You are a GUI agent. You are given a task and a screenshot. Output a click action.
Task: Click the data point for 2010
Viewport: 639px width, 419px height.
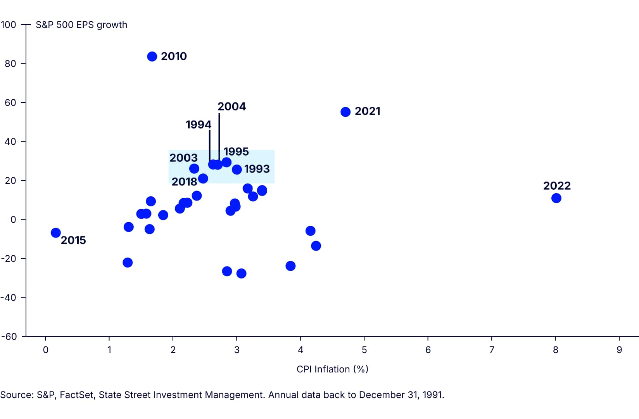click(152, 57)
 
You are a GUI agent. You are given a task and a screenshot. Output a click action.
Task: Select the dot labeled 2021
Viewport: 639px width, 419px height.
click(345, 112)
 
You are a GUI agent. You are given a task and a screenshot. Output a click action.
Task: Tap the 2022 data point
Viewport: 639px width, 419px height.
click(556, 198)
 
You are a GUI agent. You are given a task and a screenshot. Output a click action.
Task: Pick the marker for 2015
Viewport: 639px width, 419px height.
click(56, 233)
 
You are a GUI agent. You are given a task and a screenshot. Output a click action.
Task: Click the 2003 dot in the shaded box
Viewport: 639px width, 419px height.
click(194, 169)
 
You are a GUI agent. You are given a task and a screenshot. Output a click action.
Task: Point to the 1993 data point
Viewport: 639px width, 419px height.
click(237, 170)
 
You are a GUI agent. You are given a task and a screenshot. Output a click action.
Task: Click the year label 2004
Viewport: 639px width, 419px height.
click(231, 107)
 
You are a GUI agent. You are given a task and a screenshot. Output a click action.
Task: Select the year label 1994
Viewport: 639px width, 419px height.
click(199, 125)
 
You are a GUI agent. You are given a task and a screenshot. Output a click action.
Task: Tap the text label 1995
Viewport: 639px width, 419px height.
click(236, 152)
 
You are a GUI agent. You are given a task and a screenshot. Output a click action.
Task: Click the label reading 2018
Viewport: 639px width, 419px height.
click(184, 182)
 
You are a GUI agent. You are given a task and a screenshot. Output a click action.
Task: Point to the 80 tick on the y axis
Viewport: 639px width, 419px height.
click(10, 64)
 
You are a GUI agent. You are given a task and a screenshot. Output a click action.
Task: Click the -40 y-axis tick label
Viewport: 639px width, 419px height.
click(9, 298)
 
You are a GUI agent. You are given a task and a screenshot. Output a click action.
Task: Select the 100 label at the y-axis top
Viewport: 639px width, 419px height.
click(9, 25)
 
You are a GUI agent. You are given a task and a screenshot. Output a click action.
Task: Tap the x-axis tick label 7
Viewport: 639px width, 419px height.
click(492, 350)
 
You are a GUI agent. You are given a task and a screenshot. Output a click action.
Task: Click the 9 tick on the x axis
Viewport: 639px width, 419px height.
click(619, 350)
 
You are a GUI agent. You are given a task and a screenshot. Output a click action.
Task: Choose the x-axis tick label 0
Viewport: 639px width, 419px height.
click(45, 350)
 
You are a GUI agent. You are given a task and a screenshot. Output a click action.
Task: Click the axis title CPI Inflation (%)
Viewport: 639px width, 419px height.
click(332, 369)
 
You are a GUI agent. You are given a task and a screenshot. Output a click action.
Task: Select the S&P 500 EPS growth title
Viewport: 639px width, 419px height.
click(81, 25)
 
